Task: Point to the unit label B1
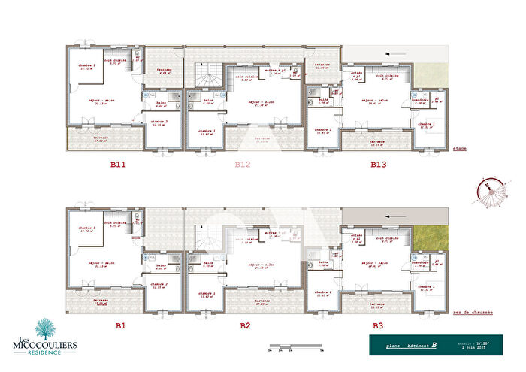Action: click(119, 325)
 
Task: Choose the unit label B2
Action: click(244, 325)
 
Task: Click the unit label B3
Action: click(378, 325)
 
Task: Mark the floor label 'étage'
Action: click(460, 149)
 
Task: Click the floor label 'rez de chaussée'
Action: click(470, 312)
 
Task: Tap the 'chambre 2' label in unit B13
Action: click(325, 129)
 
